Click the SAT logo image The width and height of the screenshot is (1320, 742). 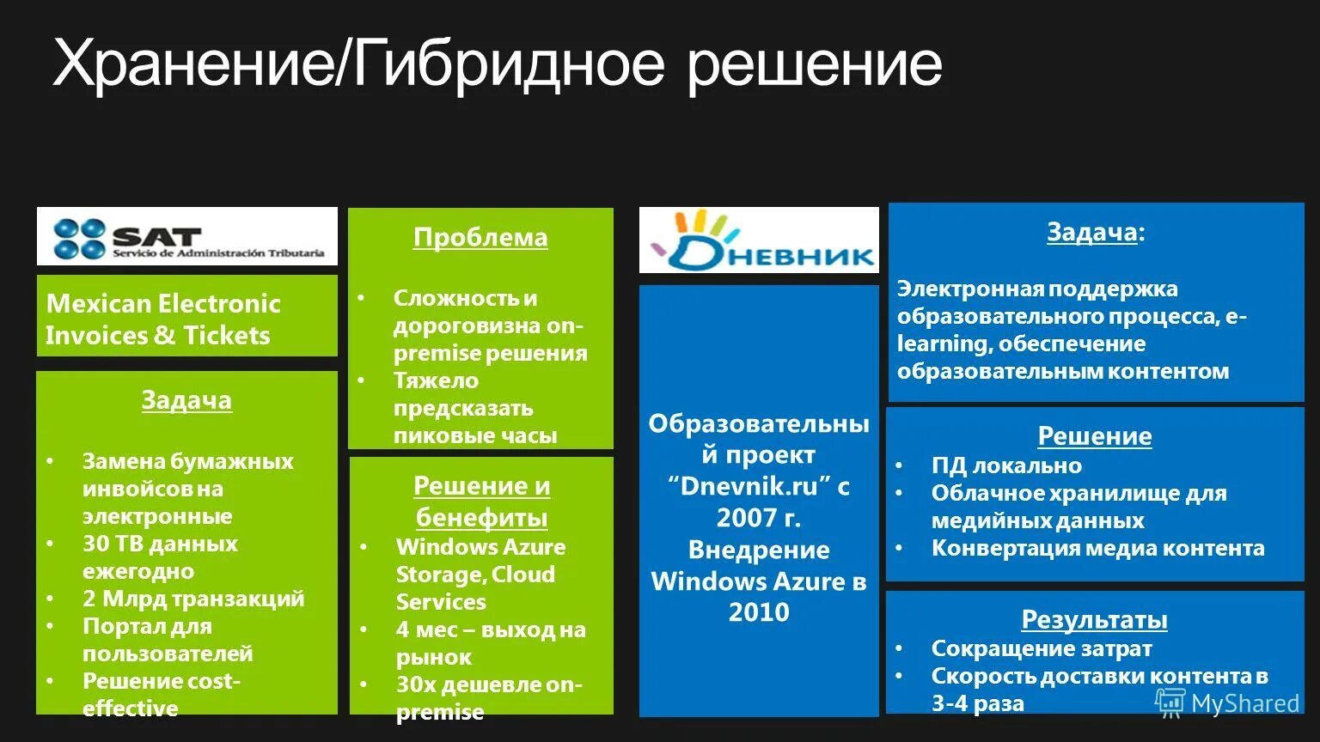click(187, 236)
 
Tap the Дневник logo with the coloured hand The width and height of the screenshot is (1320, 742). click(759, 240)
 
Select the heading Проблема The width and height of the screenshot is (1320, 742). click(480, 237)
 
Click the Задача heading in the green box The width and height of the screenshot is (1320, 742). click(186, 400)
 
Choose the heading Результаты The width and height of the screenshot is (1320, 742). click(1094, 619)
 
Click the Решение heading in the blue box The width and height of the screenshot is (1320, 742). click(1094, 436)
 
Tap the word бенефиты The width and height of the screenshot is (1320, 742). click(481, 518)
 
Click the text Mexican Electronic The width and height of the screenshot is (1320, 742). click(163, 303)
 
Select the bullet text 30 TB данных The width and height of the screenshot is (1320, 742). click(160, 544)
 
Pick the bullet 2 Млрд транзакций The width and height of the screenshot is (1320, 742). click(193, 599)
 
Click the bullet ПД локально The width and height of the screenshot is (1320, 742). click(1006, 465)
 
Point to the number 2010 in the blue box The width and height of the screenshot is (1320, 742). click(759, 611)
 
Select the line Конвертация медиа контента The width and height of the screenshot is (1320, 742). click(1097, 548)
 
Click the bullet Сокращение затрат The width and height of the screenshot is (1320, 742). click(1042, 648)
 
